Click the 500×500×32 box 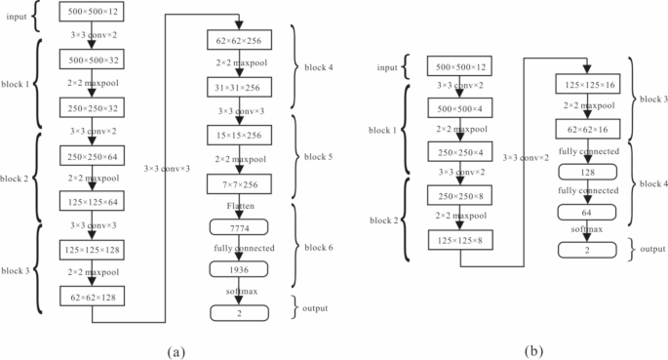(90, 60)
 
